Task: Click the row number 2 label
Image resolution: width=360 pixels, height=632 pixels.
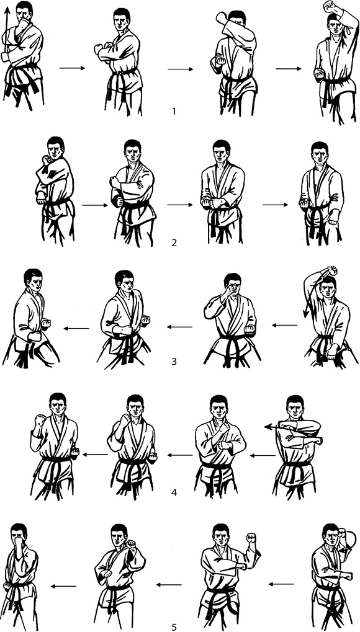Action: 174,243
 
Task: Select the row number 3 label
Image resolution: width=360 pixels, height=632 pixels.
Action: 174,361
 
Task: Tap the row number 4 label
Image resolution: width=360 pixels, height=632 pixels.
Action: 174,492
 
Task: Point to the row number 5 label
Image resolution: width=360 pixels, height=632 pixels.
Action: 174,627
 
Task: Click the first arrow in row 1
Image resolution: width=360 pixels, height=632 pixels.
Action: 72,68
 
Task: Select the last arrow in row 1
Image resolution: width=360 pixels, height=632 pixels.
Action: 289,68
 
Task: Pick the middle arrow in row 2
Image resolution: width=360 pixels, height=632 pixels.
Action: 180,205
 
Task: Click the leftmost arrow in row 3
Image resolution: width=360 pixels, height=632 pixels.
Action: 76,329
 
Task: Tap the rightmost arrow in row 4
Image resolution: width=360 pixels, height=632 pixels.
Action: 263,455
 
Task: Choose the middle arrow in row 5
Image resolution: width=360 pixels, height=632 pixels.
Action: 169,584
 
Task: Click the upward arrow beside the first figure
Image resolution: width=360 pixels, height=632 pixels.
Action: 7,32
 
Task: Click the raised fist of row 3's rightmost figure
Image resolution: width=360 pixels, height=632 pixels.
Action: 332,270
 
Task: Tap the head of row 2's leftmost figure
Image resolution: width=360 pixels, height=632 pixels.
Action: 56,148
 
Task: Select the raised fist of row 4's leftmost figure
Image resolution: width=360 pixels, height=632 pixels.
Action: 40,421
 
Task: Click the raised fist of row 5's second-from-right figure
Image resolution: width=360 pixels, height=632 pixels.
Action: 251,538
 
